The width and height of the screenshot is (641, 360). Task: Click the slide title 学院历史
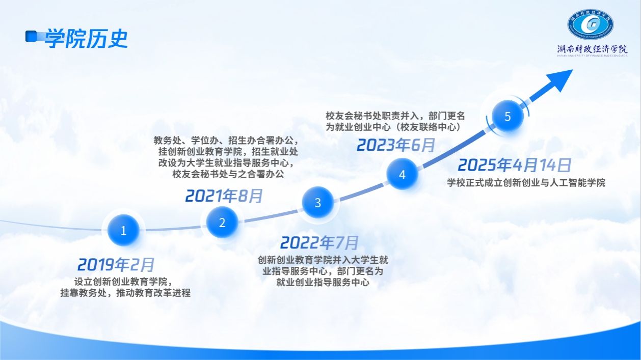tap(86, 38)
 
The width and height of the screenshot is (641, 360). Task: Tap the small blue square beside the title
tap(31, 36)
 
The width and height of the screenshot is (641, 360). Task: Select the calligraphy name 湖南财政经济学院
tap(592, 49)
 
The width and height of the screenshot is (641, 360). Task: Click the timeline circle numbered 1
tap(123, 230)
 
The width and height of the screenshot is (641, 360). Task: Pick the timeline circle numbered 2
tap(222, 223)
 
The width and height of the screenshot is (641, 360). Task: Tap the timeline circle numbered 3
tap(317, 203)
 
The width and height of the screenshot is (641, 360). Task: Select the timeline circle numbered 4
tap(402, 174)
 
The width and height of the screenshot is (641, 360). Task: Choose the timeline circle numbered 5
tap(508, 116)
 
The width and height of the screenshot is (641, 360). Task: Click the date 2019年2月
tap(116, 264)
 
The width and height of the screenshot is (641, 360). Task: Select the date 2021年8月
tap(224, 196)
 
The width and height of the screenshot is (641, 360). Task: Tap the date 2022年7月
tap(319, 242)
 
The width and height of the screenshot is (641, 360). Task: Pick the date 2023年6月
tap(396, 145)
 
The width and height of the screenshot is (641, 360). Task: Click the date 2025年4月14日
tap(515, 165)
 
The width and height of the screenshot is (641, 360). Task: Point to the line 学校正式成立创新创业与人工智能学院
tap(526, 182)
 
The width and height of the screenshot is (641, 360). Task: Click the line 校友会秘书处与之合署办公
tap(228, 174)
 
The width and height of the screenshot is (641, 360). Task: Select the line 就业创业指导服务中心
tap(323, 282)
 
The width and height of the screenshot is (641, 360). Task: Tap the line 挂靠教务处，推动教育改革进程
tap(125, 292)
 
